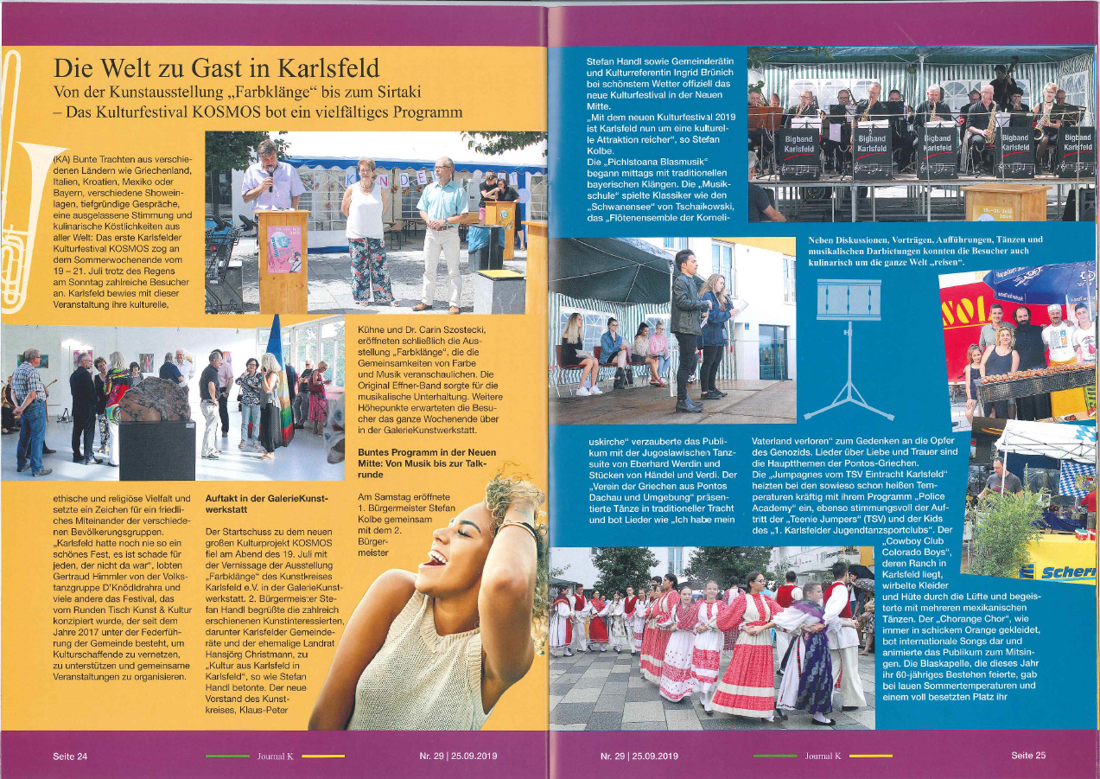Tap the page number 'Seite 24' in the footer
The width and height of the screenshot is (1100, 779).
click(x=70, y=756)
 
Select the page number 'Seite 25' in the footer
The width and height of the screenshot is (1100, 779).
click(x=1028, y=755)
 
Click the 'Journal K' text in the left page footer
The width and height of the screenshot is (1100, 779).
click(x=276, y=757)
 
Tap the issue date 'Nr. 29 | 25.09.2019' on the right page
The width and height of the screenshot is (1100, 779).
click(x=639, y=756)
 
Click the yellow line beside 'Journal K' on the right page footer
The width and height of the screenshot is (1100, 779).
click(x=870, y=756)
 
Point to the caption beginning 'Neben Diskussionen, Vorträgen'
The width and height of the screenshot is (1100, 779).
click(x=925, y=250)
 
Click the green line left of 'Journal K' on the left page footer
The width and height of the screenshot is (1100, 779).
click(x=226, y=756)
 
